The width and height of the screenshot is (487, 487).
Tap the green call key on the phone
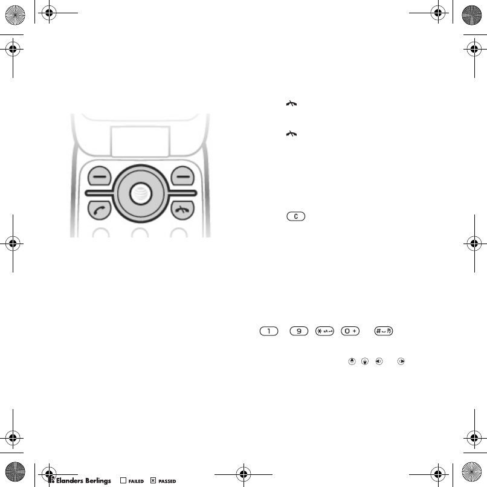coord(99,210)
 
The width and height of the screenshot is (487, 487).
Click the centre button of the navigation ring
coord(141,193)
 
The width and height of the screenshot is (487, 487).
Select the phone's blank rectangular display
coord(140,141)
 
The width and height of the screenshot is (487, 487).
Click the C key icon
coord(296,216)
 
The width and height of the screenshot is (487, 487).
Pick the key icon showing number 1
coord(269,331)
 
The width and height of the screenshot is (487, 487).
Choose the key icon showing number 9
coord(298,331)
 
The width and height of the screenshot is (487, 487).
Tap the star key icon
coord(324,331)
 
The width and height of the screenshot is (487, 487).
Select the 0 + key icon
coord(350,331)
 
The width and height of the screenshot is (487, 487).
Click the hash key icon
coord(384,331)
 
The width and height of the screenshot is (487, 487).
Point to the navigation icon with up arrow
coord(352,361)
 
